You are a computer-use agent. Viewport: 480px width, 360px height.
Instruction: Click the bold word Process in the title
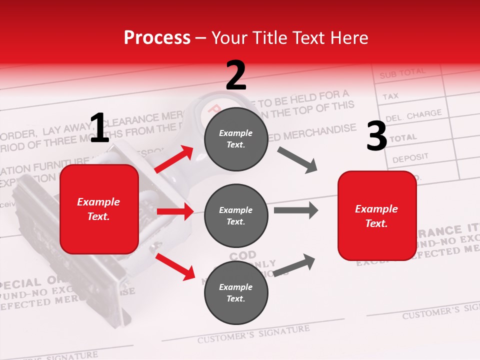[x=157, y=38]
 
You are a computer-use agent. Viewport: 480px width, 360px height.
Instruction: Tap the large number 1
[x=99, y=128]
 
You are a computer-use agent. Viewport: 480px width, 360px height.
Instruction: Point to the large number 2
[x=236, y=75]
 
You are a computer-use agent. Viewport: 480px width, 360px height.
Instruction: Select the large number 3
[x=376, y=136]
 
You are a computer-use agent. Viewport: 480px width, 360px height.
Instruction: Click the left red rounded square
[x=99, y=209]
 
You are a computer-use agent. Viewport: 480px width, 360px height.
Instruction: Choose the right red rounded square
[x=377, y=215]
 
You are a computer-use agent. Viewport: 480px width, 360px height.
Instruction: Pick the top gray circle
[x=236, y=138]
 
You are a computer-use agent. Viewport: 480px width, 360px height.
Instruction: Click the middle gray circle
[x=236, y=215]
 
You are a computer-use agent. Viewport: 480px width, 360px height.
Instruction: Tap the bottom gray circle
[x=236, y=292]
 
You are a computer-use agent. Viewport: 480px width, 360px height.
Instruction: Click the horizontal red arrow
[x=175, y=211]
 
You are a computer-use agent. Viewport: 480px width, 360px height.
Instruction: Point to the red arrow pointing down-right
[x=175, y=266]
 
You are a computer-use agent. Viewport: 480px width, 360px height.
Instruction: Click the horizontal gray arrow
[x=295, y=210]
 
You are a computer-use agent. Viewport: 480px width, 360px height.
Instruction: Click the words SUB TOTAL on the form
[x=402, y=73]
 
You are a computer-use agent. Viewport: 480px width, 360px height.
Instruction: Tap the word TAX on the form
[x=390, y=95]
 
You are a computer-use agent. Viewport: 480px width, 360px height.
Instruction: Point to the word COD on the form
[x=242, y=256]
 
